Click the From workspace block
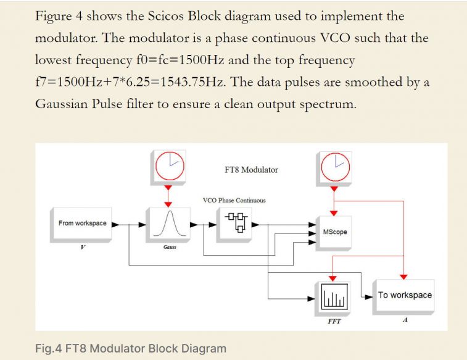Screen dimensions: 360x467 click(x=82, y=224)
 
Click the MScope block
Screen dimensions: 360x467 click(x=335, y=232)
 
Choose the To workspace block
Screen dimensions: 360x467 click(x=405, y=295)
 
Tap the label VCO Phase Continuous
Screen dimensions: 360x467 click(x=234, y=200)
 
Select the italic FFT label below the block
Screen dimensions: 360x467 click(x=334, y=322)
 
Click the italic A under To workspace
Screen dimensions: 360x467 click(x=404, y=320)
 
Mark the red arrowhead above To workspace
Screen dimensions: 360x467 click(x=404, y=275)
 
